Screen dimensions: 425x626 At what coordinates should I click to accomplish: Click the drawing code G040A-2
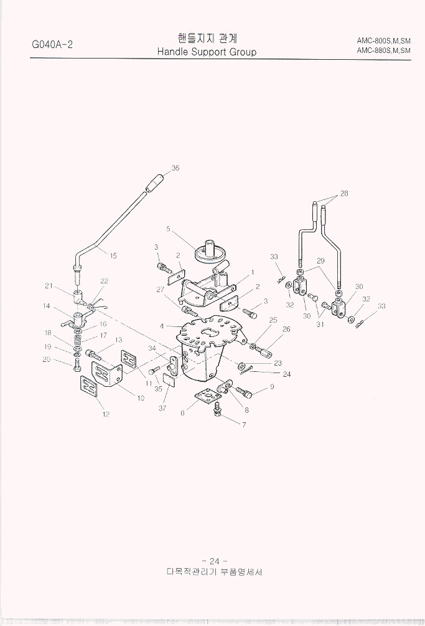tap(52, 44)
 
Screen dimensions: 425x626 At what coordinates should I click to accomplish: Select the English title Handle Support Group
tap(207, 52)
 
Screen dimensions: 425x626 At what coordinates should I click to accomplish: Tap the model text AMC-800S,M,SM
tap(383, 40)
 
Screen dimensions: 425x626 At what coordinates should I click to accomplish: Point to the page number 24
tap(215, 561)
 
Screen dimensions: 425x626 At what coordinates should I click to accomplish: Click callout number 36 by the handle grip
tap(175, 168)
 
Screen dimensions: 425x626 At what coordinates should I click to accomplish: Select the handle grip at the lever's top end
tap(155, 183)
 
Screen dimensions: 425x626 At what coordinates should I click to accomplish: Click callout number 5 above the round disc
tap(168, 229)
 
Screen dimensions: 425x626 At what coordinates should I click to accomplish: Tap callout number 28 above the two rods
tap(344, 194)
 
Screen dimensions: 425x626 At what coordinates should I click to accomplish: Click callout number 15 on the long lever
tap(113, 255)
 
